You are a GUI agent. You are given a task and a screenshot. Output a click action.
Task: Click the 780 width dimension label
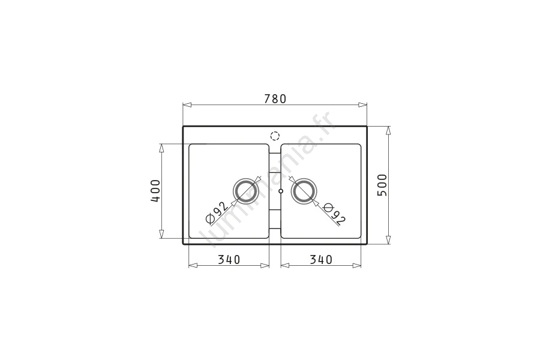[x=275, y=99]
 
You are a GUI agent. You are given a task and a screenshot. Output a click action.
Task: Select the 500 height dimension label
[x=382, y=185]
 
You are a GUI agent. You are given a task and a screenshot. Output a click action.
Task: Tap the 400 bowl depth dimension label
[x=155, y=191]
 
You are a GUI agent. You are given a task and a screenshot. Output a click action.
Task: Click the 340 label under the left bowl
[x=229, y=259]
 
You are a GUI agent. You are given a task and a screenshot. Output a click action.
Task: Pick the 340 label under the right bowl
[x=321, y=259]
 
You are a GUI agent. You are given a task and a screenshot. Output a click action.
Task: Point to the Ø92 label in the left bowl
[x=216, y=212]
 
